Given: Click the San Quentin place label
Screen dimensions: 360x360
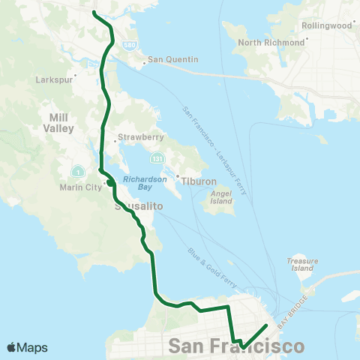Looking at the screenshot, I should tap(172, 59).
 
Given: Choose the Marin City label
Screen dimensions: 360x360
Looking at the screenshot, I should tap(80, 187).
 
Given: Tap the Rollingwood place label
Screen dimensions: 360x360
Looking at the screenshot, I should tap(327, 25).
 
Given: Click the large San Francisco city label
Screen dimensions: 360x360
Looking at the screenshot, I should tap(237, 346).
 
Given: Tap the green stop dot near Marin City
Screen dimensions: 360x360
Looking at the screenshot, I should tap(109, 181).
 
